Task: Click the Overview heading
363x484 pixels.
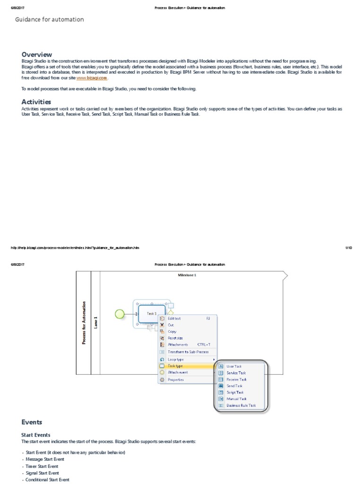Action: [37, 54]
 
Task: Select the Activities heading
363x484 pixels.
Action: [36, 102]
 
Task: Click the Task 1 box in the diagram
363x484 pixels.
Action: [151, 313]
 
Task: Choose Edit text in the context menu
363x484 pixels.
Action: [174, 319]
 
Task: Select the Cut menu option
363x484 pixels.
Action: [171, 325]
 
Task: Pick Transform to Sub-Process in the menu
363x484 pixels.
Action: [188, 352]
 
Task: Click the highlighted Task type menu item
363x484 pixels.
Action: [175, 366]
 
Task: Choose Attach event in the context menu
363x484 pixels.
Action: [178, 372]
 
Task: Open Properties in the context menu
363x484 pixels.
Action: [176, 380]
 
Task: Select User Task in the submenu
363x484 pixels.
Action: [234, 366]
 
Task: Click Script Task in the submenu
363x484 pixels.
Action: [235, 392]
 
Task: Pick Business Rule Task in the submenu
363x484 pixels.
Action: [241, 406]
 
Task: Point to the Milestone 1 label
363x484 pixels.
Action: [187, 275]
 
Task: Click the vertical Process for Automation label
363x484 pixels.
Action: [84, 322]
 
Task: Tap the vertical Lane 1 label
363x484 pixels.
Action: [95, 322]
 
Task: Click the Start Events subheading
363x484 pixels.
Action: [36, 435]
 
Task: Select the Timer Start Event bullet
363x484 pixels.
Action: [42, 466]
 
